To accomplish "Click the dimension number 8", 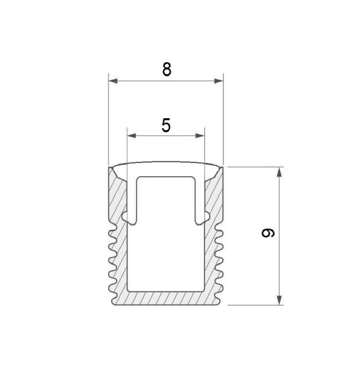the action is [167, 70].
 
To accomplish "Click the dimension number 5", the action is [166, 125].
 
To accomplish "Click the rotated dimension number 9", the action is [268, 233].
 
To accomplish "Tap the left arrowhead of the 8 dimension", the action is [113, 81].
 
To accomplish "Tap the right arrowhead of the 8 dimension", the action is [219, 81].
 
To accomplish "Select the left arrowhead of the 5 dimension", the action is [132, 136].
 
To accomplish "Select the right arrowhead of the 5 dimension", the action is [200, 136].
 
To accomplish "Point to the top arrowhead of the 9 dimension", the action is [279, 172].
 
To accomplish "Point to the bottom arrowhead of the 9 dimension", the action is [279, 300].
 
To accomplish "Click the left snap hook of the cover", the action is [129, 218].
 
